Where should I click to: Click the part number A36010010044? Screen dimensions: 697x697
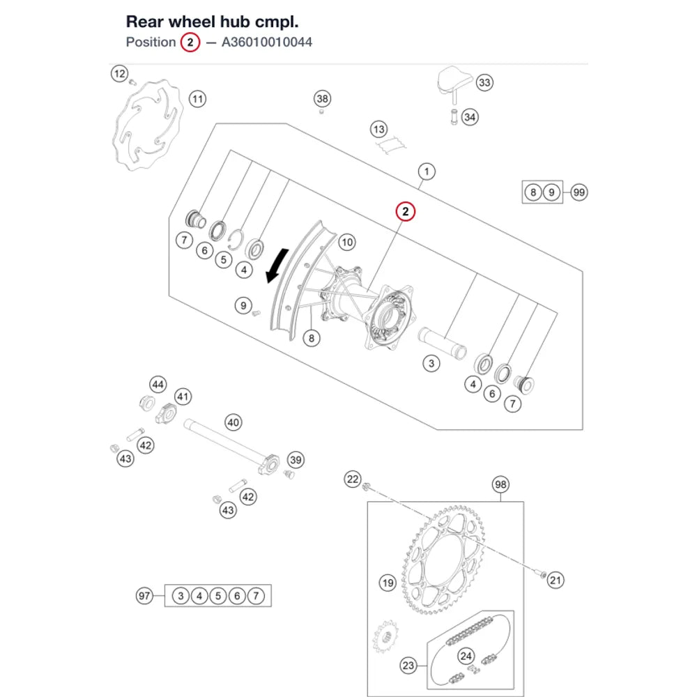(267, 43)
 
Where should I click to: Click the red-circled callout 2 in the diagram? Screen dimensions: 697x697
(406, 212)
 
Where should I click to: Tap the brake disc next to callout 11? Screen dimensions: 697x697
(147, 125)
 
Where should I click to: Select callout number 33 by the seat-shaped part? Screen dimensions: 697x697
(484, 82)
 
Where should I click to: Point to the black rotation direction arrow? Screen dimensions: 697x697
(277, 266)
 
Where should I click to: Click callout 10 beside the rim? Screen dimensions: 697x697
(346, 243)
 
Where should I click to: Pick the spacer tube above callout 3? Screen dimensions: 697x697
(443, 343)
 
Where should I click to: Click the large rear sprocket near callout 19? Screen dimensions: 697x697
(443, 560)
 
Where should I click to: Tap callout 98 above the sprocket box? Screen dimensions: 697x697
(500, 484)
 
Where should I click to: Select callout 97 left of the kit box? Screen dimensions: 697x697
(144, 596)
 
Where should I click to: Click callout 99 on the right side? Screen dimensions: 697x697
(579, 192)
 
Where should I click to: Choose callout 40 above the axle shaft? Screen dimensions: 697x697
(233, 422)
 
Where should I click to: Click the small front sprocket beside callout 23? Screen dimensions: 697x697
(385, 637)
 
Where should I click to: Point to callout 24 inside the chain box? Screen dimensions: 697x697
(466, 656)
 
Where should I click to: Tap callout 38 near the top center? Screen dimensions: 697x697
(322, 99)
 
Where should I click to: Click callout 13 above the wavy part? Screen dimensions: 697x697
(378, 130)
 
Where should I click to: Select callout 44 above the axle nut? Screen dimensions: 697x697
(158, 385)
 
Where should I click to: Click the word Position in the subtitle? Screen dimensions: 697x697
(151, 43)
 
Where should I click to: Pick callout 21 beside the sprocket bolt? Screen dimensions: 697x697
(556, 580)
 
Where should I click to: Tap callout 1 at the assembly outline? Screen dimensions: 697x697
(427, 171)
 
